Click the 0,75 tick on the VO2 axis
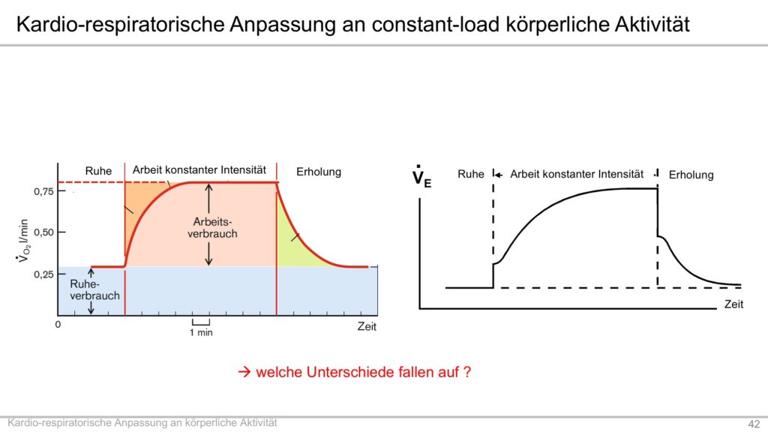(43, 191)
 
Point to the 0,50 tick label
(43, 232)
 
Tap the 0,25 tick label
(43, 274)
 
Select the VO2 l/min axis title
(23, 241)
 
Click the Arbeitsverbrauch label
(212, 228)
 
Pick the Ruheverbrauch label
(94, 290)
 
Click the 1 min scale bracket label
(201, 332)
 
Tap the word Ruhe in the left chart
(98, 171)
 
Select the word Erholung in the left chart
(319, 172)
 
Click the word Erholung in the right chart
(691, 175)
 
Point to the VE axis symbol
(421, 176)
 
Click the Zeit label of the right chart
(733, 304)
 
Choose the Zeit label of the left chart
(367, 327)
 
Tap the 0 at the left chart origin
(58, 324)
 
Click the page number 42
(754, 424)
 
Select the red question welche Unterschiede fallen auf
(363, 372)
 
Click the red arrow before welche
(244, 372)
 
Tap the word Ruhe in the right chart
(471, 174)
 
